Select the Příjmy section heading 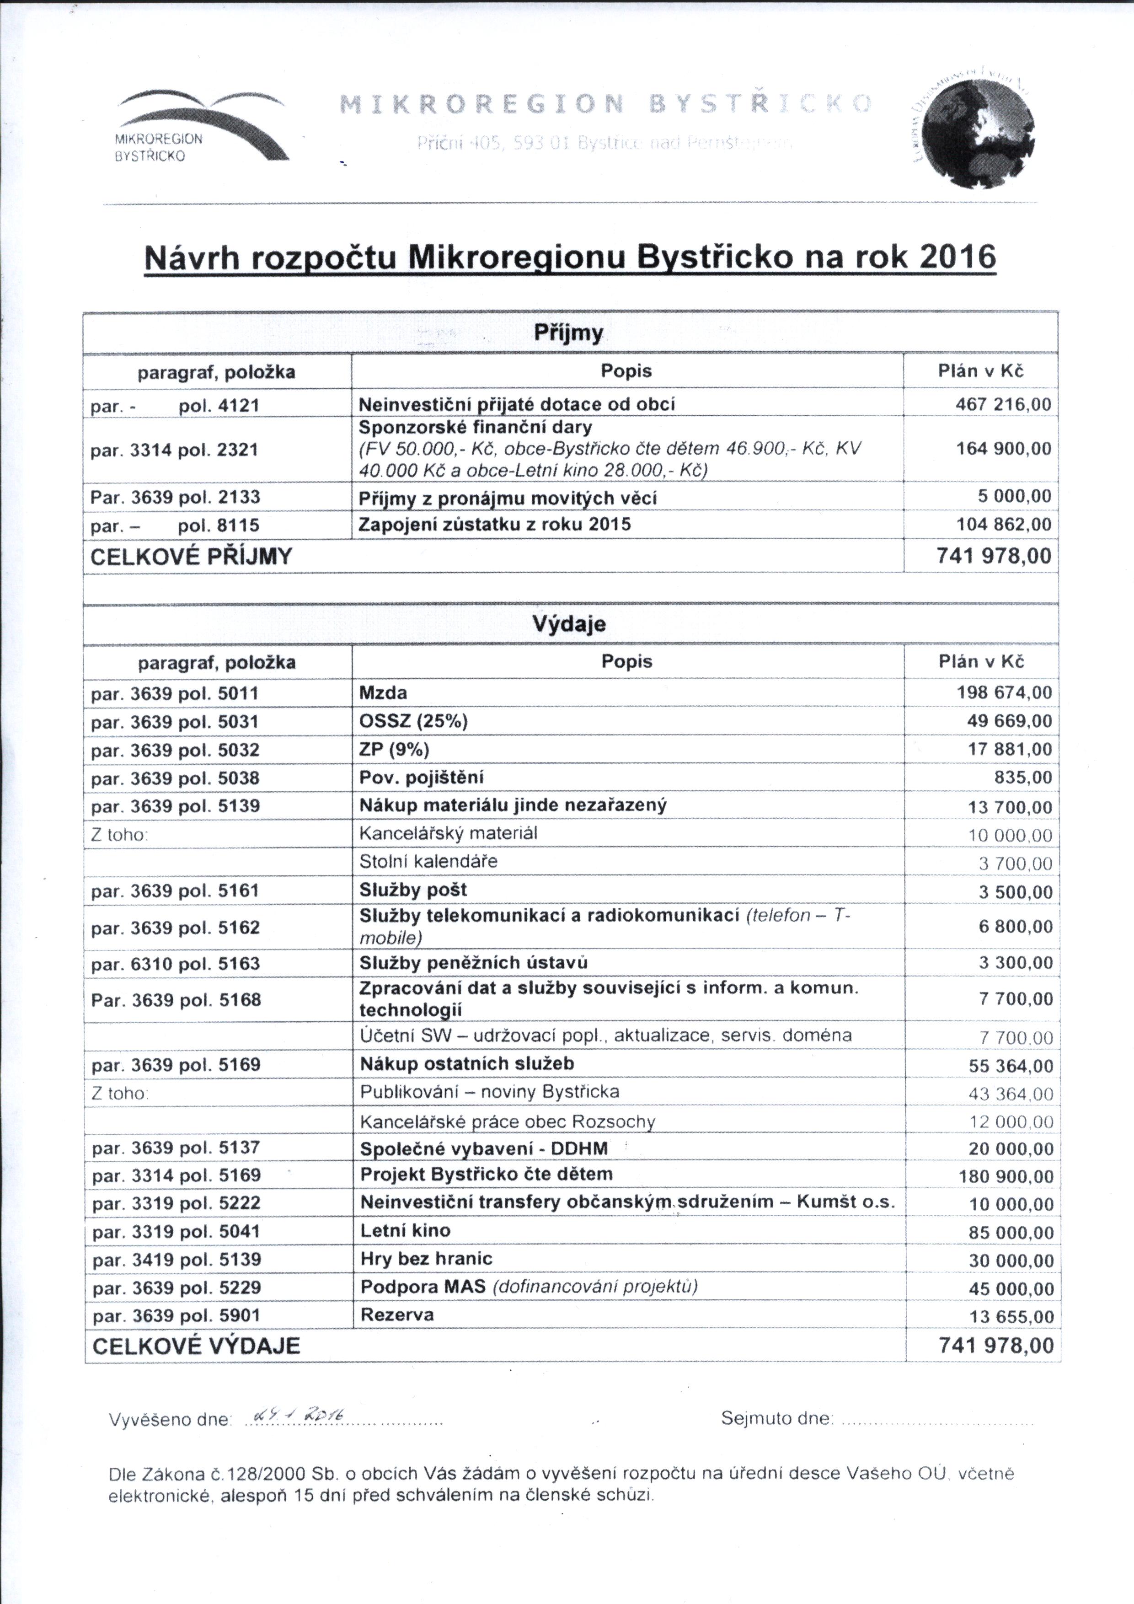568,333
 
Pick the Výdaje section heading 568,624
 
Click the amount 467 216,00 1003,404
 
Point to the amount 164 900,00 1003,449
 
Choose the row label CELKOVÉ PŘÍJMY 191,557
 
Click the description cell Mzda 383,693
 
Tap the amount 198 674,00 1003,693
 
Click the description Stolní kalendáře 428,861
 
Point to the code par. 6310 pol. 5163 175,964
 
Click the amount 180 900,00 1006,1176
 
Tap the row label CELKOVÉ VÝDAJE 196,1346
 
